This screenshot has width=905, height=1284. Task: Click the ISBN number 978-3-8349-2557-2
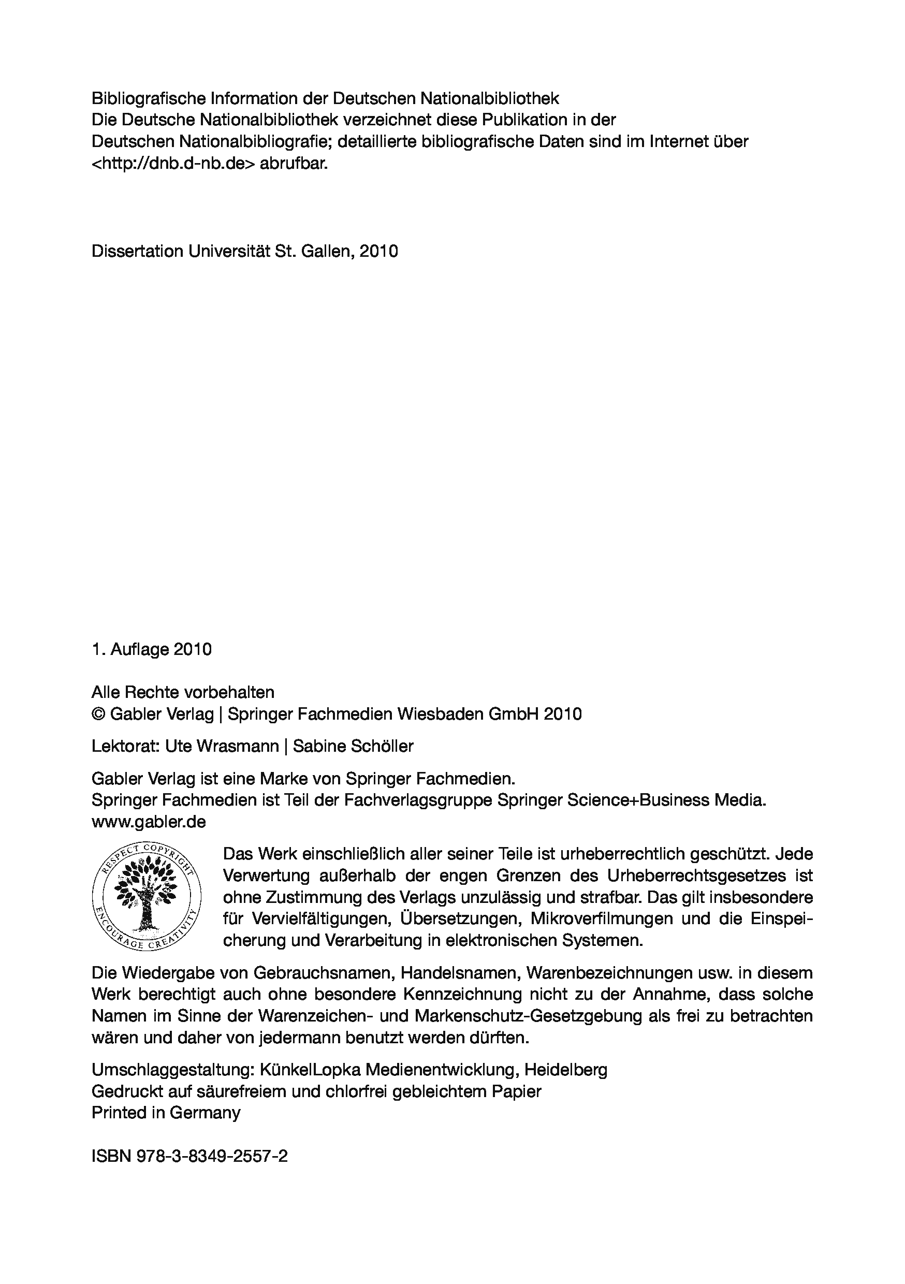point(213,1156)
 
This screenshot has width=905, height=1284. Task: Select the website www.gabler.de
point(149,822)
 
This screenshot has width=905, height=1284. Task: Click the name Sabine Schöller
point(354,746)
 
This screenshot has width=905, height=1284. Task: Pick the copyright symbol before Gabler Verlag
point(98,714)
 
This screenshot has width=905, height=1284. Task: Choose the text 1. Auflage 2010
point(152,649)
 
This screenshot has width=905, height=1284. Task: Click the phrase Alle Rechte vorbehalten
point(183,692)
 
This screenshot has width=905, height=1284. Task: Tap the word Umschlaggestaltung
point(171,1070)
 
